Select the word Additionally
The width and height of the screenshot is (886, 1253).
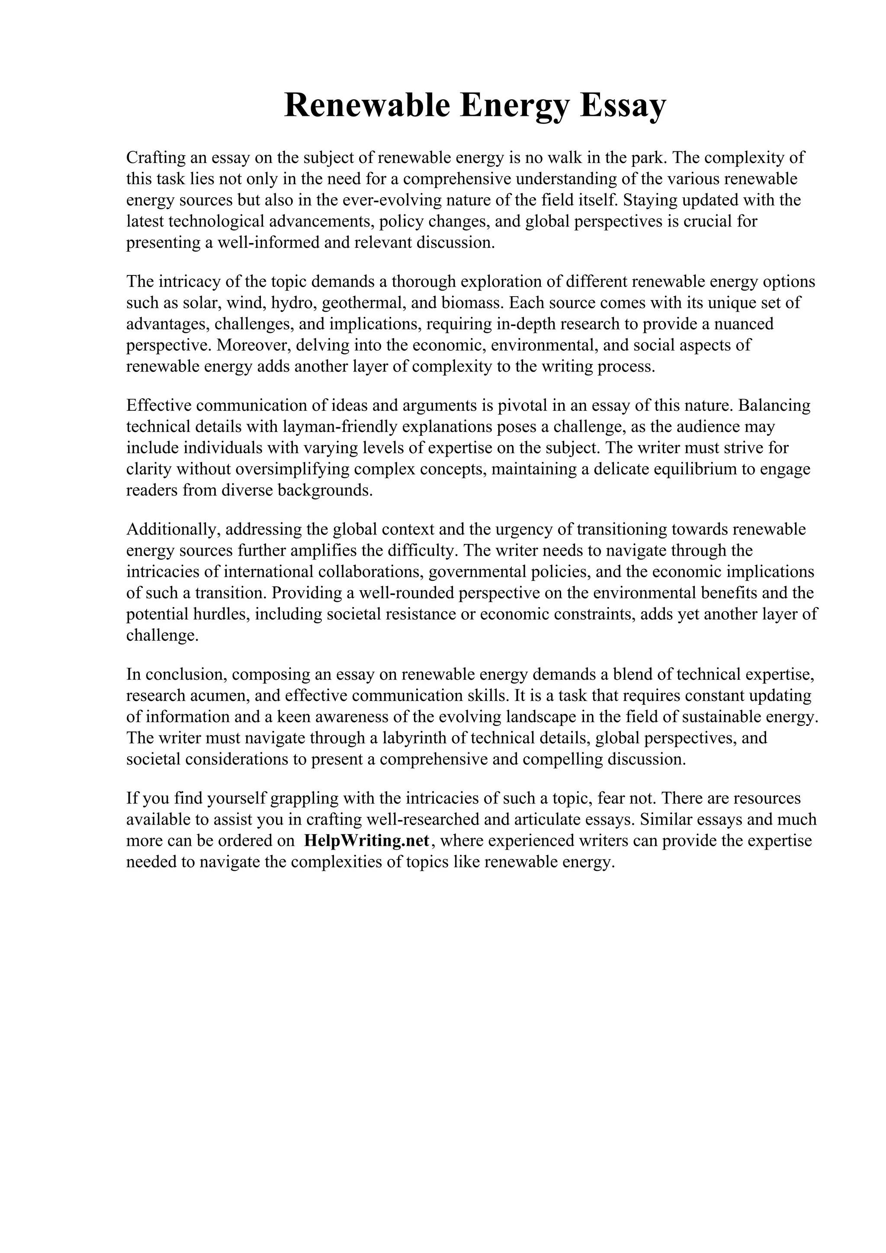(x=173, y=529)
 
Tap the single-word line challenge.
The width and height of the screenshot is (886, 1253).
(x=162, y=636)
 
